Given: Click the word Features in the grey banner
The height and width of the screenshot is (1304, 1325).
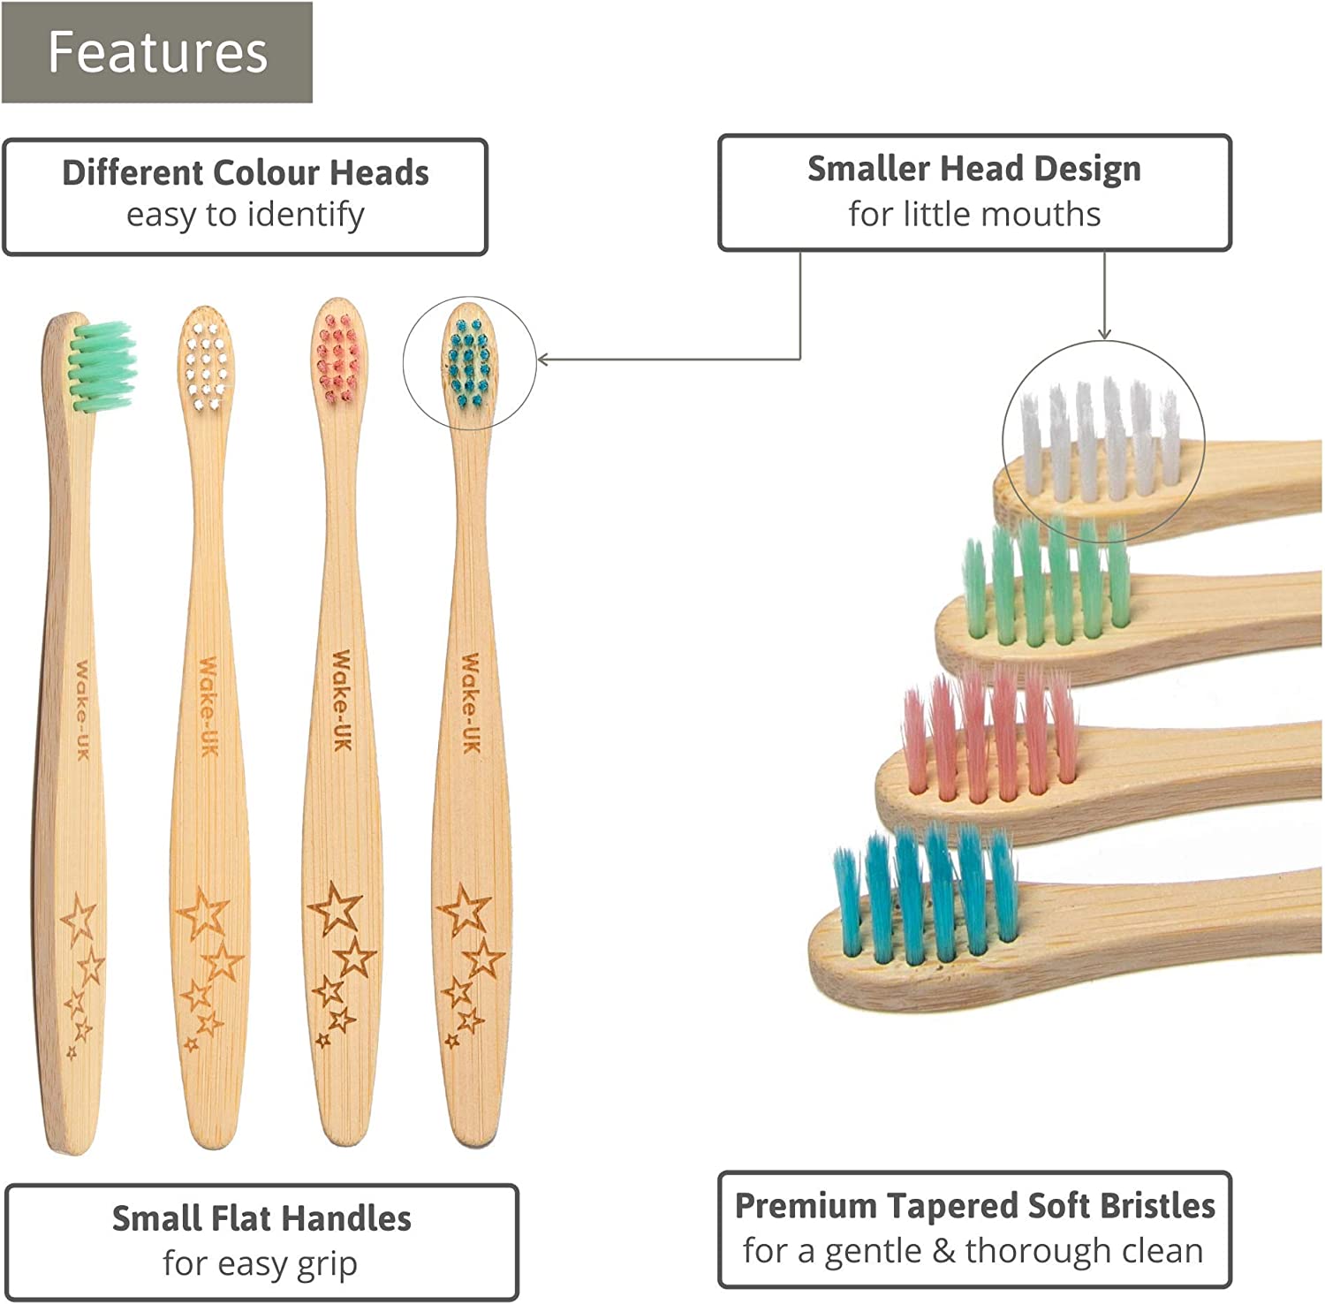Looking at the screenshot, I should tap(157, 52).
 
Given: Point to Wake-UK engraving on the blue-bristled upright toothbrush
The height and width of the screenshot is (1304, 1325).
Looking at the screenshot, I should tap(471, 703).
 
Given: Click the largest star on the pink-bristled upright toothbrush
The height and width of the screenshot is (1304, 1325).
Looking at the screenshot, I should tap(334, 907).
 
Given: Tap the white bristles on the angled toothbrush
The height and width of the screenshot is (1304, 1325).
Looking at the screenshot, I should tap(1099, 437).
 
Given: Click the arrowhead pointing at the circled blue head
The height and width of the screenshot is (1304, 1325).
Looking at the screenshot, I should tap(542, 360).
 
